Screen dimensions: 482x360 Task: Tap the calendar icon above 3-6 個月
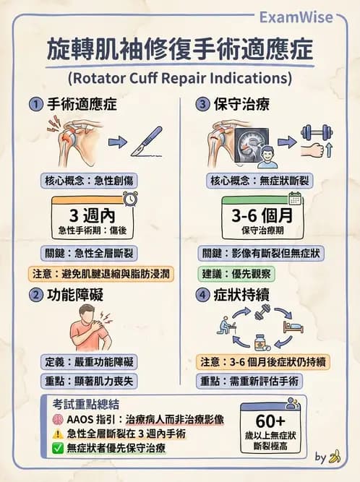295,199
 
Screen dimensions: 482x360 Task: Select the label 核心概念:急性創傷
85,180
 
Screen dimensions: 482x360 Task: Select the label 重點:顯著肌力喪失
85,381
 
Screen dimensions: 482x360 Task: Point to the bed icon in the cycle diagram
293,326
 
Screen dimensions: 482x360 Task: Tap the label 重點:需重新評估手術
249,381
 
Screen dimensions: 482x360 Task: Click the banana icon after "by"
335,457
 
